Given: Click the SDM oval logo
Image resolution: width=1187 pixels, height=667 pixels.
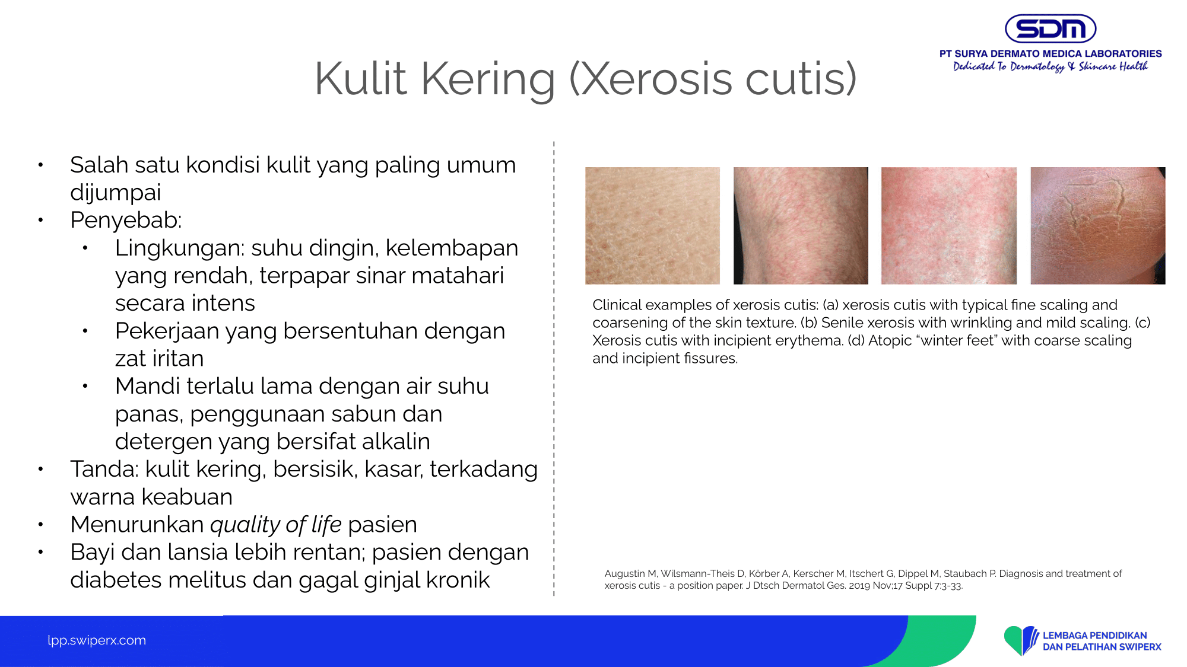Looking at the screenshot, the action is coord(1050,28).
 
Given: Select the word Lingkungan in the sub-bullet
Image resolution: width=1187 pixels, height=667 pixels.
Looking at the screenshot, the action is coord(177,248).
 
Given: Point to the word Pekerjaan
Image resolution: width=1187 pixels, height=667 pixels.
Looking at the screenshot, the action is coord(166,331).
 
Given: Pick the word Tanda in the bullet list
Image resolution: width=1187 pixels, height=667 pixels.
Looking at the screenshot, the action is coord(102,469).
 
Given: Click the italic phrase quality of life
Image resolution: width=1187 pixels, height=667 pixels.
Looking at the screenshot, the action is coord(276,525).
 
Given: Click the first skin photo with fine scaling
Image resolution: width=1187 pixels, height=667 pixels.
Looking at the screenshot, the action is coord(652,225).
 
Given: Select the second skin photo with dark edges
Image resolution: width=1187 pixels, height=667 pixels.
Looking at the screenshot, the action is coord(801,225).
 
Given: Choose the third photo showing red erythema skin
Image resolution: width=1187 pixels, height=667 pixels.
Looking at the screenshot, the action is coord(949,225).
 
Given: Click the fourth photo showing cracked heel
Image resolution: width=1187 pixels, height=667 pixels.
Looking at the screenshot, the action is coord(1098,225).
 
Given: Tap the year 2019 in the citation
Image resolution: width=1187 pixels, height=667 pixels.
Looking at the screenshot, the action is coord(859,586).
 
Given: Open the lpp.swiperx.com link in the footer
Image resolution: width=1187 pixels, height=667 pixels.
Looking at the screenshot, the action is coord(97,640).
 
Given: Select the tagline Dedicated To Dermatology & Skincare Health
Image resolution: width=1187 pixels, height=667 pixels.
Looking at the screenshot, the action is coord(1050,66).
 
